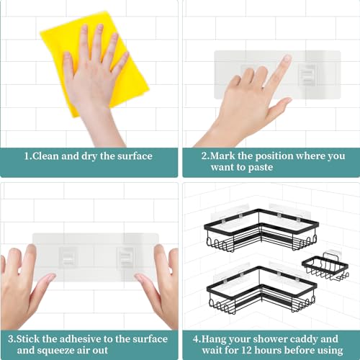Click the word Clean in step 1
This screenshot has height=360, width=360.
tap(52, 156)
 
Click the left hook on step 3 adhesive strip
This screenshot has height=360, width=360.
tap(69, 256)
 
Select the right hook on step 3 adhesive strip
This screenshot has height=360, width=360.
tap(126, 256)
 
